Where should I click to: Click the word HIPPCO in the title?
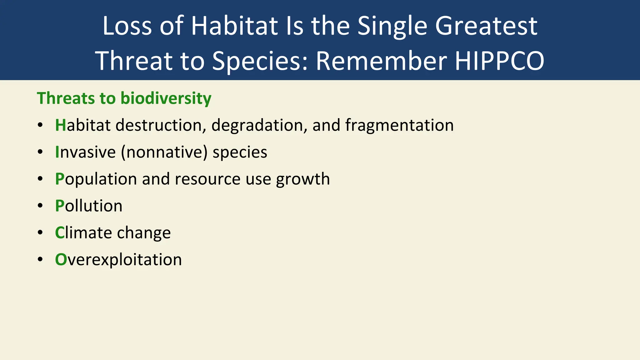[499, 61]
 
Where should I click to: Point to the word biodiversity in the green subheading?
[166, 98]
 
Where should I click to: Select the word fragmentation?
[399, 125]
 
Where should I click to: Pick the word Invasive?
[85, 152]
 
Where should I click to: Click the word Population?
[96, 179]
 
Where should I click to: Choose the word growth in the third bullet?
[302, 179]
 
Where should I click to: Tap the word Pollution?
[89, 206]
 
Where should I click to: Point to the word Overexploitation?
[118, 260]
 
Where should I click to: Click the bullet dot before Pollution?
[40, 206]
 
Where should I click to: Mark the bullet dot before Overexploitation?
[40, 260]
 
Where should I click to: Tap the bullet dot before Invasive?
[40, 152]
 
